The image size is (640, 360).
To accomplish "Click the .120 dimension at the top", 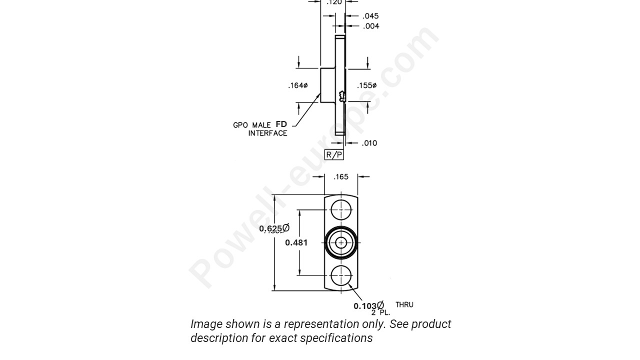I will tap(334, 2).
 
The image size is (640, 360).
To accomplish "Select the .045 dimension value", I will tap(370, 16).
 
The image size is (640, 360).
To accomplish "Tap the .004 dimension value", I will tap(370, 26).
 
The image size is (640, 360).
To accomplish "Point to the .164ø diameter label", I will tap(297, 85).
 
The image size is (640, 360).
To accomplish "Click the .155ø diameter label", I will tap(366, 85).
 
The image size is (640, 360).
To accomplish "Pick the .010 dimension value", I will tap(369, 143).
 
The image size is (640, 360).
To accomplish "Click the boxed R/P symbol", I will tap(334, 154).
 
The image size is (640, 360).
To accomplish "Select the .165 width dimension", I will tap(341, 176).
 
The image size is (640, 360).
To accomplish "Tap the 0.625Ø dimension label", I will tap(274, 228).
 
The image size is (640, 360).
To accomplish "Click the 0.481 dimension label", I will tap(296, 242).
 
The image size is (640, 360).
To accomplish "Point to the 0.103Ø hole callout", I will tap(368, 306).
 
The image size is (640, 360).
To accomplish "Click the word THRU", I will tap(404, 304).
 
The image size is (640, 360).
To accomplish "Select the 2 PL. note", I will tap(380, 312).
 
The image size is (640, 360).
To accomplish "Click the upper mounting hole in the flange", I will tap(341, 209).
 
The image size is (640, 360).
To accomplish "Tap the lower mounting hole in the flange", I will tap(341, 275).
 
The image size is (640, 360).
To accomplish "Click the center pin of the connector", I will tap(341, 242).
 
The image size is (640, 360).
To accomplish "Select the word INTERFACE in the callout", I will tap(267, 133).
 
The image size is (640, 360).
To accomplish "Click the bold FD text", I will tap(281, 124).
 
